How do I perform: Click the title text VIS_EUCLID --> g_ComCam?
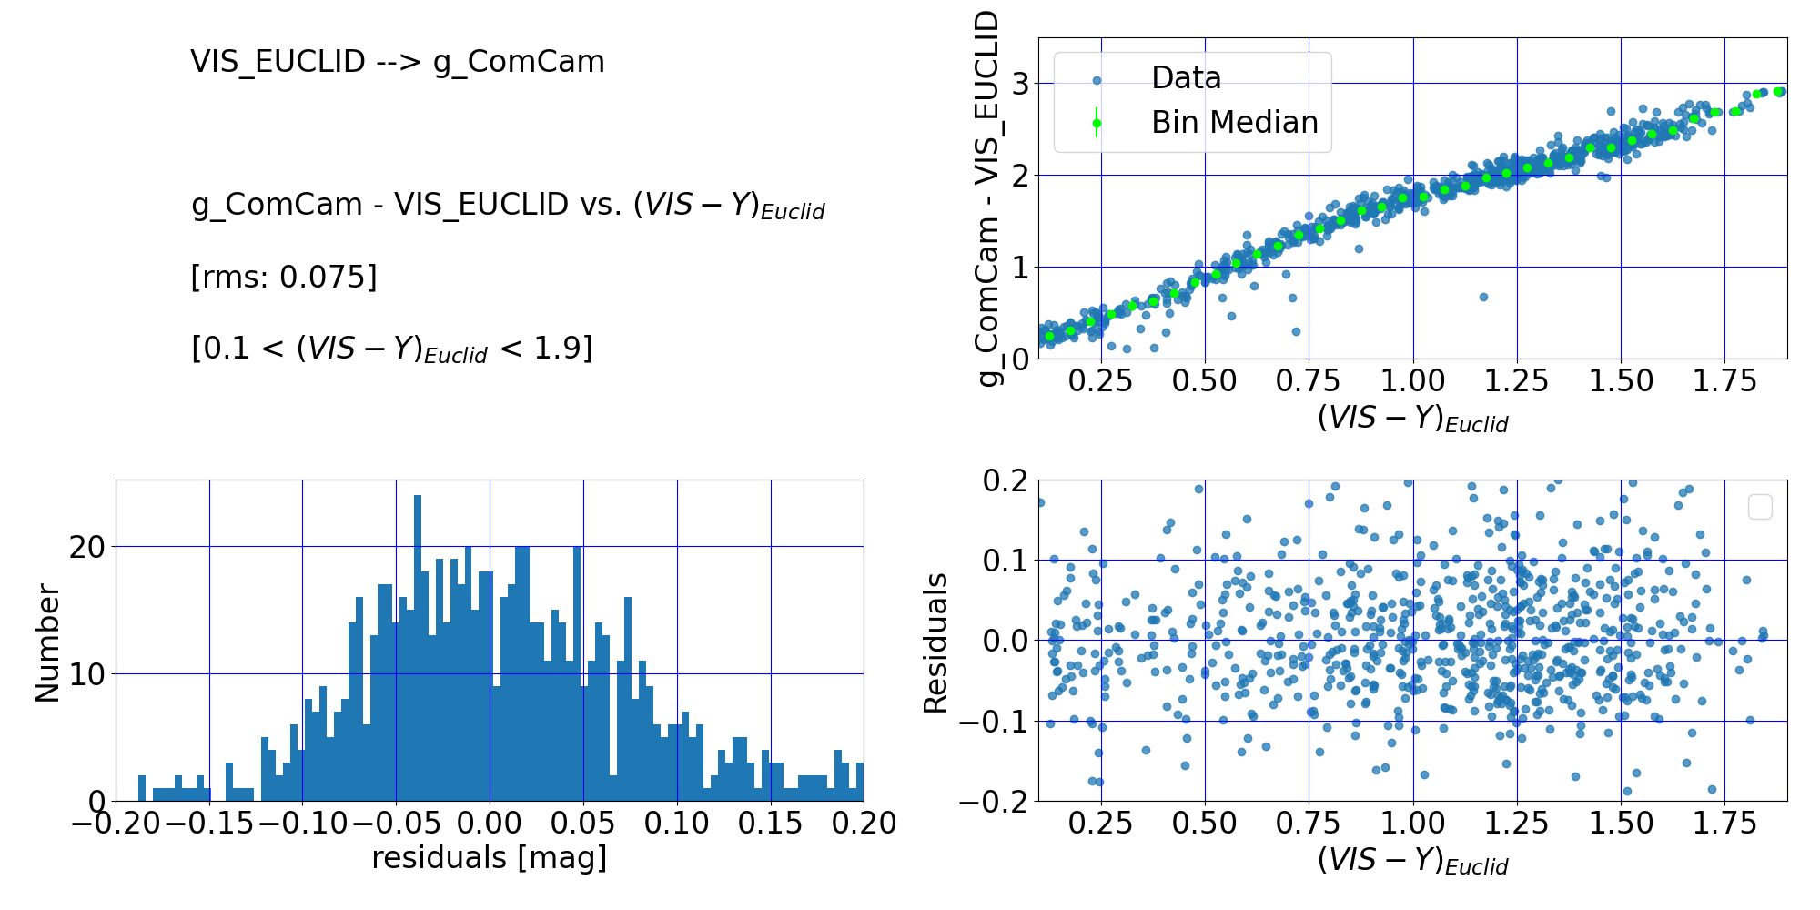tap(397, 62)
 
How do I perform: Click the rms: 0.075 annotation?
tap(284, 277)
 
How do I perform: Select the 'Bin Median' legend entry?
tap(1233, 123)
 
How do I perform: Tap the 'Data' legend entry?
tap(1185, 78)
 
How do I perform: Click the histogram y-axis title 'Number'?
tap(47, 642)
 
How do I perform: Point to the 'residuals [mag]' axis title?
tap(489, 858)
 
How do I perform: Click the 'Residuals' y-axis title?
tap(935, 642)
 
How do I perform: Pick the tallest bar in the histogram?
tap(418, 648)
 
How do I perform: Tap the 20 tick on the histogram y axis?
tap(87, 547)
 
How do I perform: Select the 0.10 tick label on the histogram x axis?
tap(676, 824)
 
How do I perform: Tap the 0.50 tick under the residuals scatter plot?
tap(1204, 824)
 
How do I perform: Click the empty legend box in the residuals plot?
tap(1760, 507)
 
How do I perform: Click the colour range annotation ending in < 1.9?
tap(391, 349)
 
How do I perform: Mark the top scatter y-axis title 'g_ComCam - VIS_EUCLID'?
tap(987, 198)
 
